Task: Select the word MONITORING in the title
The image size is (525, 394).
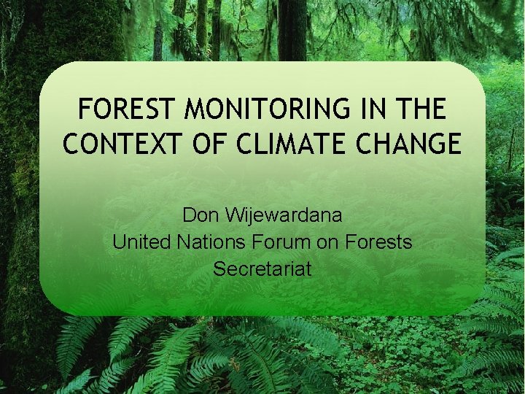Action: click(268, 109)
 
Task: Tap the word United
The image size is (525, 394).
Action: click(140, 242)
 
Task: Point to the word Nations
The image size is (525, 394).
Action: click(211, 242)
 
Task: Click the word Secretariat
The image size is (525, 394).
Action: click(262, 269)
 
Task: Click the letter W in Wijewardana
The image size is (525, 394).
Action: click(233, 216)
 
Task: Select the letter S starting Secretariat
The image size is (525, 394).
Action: click(219, 269)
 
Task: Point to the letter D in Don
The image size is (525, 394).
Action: click(189, 216)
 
